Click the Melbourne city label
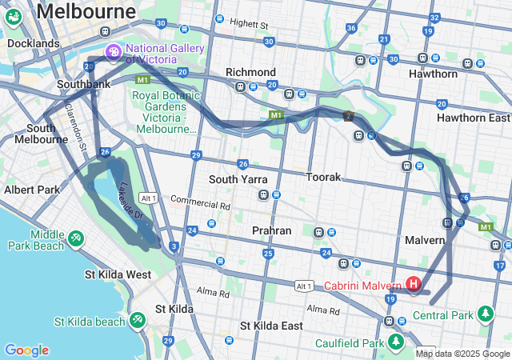coord(86,11)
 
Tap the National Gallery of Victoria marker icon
coord(114,53)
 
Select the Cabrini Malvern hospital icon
coord(413,284)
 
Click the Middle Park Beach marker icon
coord(76,238)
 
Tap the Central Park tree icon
coord(485,313)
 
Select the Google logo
coord(26,350)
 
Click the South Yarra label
coord(238,179)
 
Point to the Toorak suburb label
coord(323,177)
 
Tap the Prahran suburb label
coord(271,230)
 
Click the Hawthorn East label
coord(473,118)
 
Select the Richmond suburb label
coord(250,72)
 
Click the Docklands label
coord(33,43)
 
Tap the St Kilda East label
coord(271,326)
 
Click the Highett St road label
coord(248,25)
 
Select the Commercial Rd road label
coord(200,204)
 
